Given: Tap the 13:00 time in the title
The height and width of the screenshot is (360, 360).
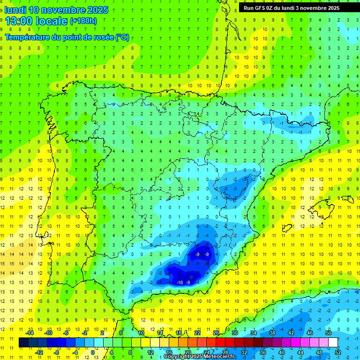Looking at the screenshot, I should [19, 21].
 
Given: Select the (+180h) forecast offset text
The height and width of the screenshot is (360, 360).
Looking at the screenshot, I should [83, 21].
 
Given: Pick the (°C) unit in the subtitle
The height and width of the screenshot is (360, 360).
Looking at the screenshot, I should [122, 37].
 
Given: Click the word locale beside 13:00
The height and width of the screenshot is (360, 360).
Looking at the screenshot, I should [51, 21].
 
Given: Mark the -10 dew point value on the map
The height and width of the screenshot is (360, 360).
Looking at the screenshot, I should [180, 282].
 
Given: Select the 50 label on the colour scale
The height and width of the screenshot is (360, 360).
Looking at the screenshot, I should [329, 333].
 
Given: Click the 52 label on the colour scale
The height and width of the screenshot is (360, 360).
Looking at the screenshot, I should [338, 352].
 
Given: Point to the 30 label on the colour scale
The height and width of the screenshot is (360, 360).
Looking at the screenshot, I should [235, 333].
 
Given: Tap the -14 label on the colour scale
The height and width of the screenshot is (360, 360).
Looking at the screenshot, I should [30, 333].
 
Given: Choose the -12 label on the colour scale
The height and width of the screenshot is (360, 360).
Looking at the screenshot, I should [39, 352].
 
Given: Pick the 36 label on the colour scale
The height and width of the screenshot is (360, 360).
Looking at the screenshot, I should [263, 352].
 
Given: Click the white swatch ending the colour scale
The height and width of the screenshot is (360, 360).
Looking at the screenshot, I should [333, 342].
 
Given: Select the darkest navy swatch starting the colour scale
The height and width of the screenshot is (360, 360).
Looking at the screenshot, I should [23, 342].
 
